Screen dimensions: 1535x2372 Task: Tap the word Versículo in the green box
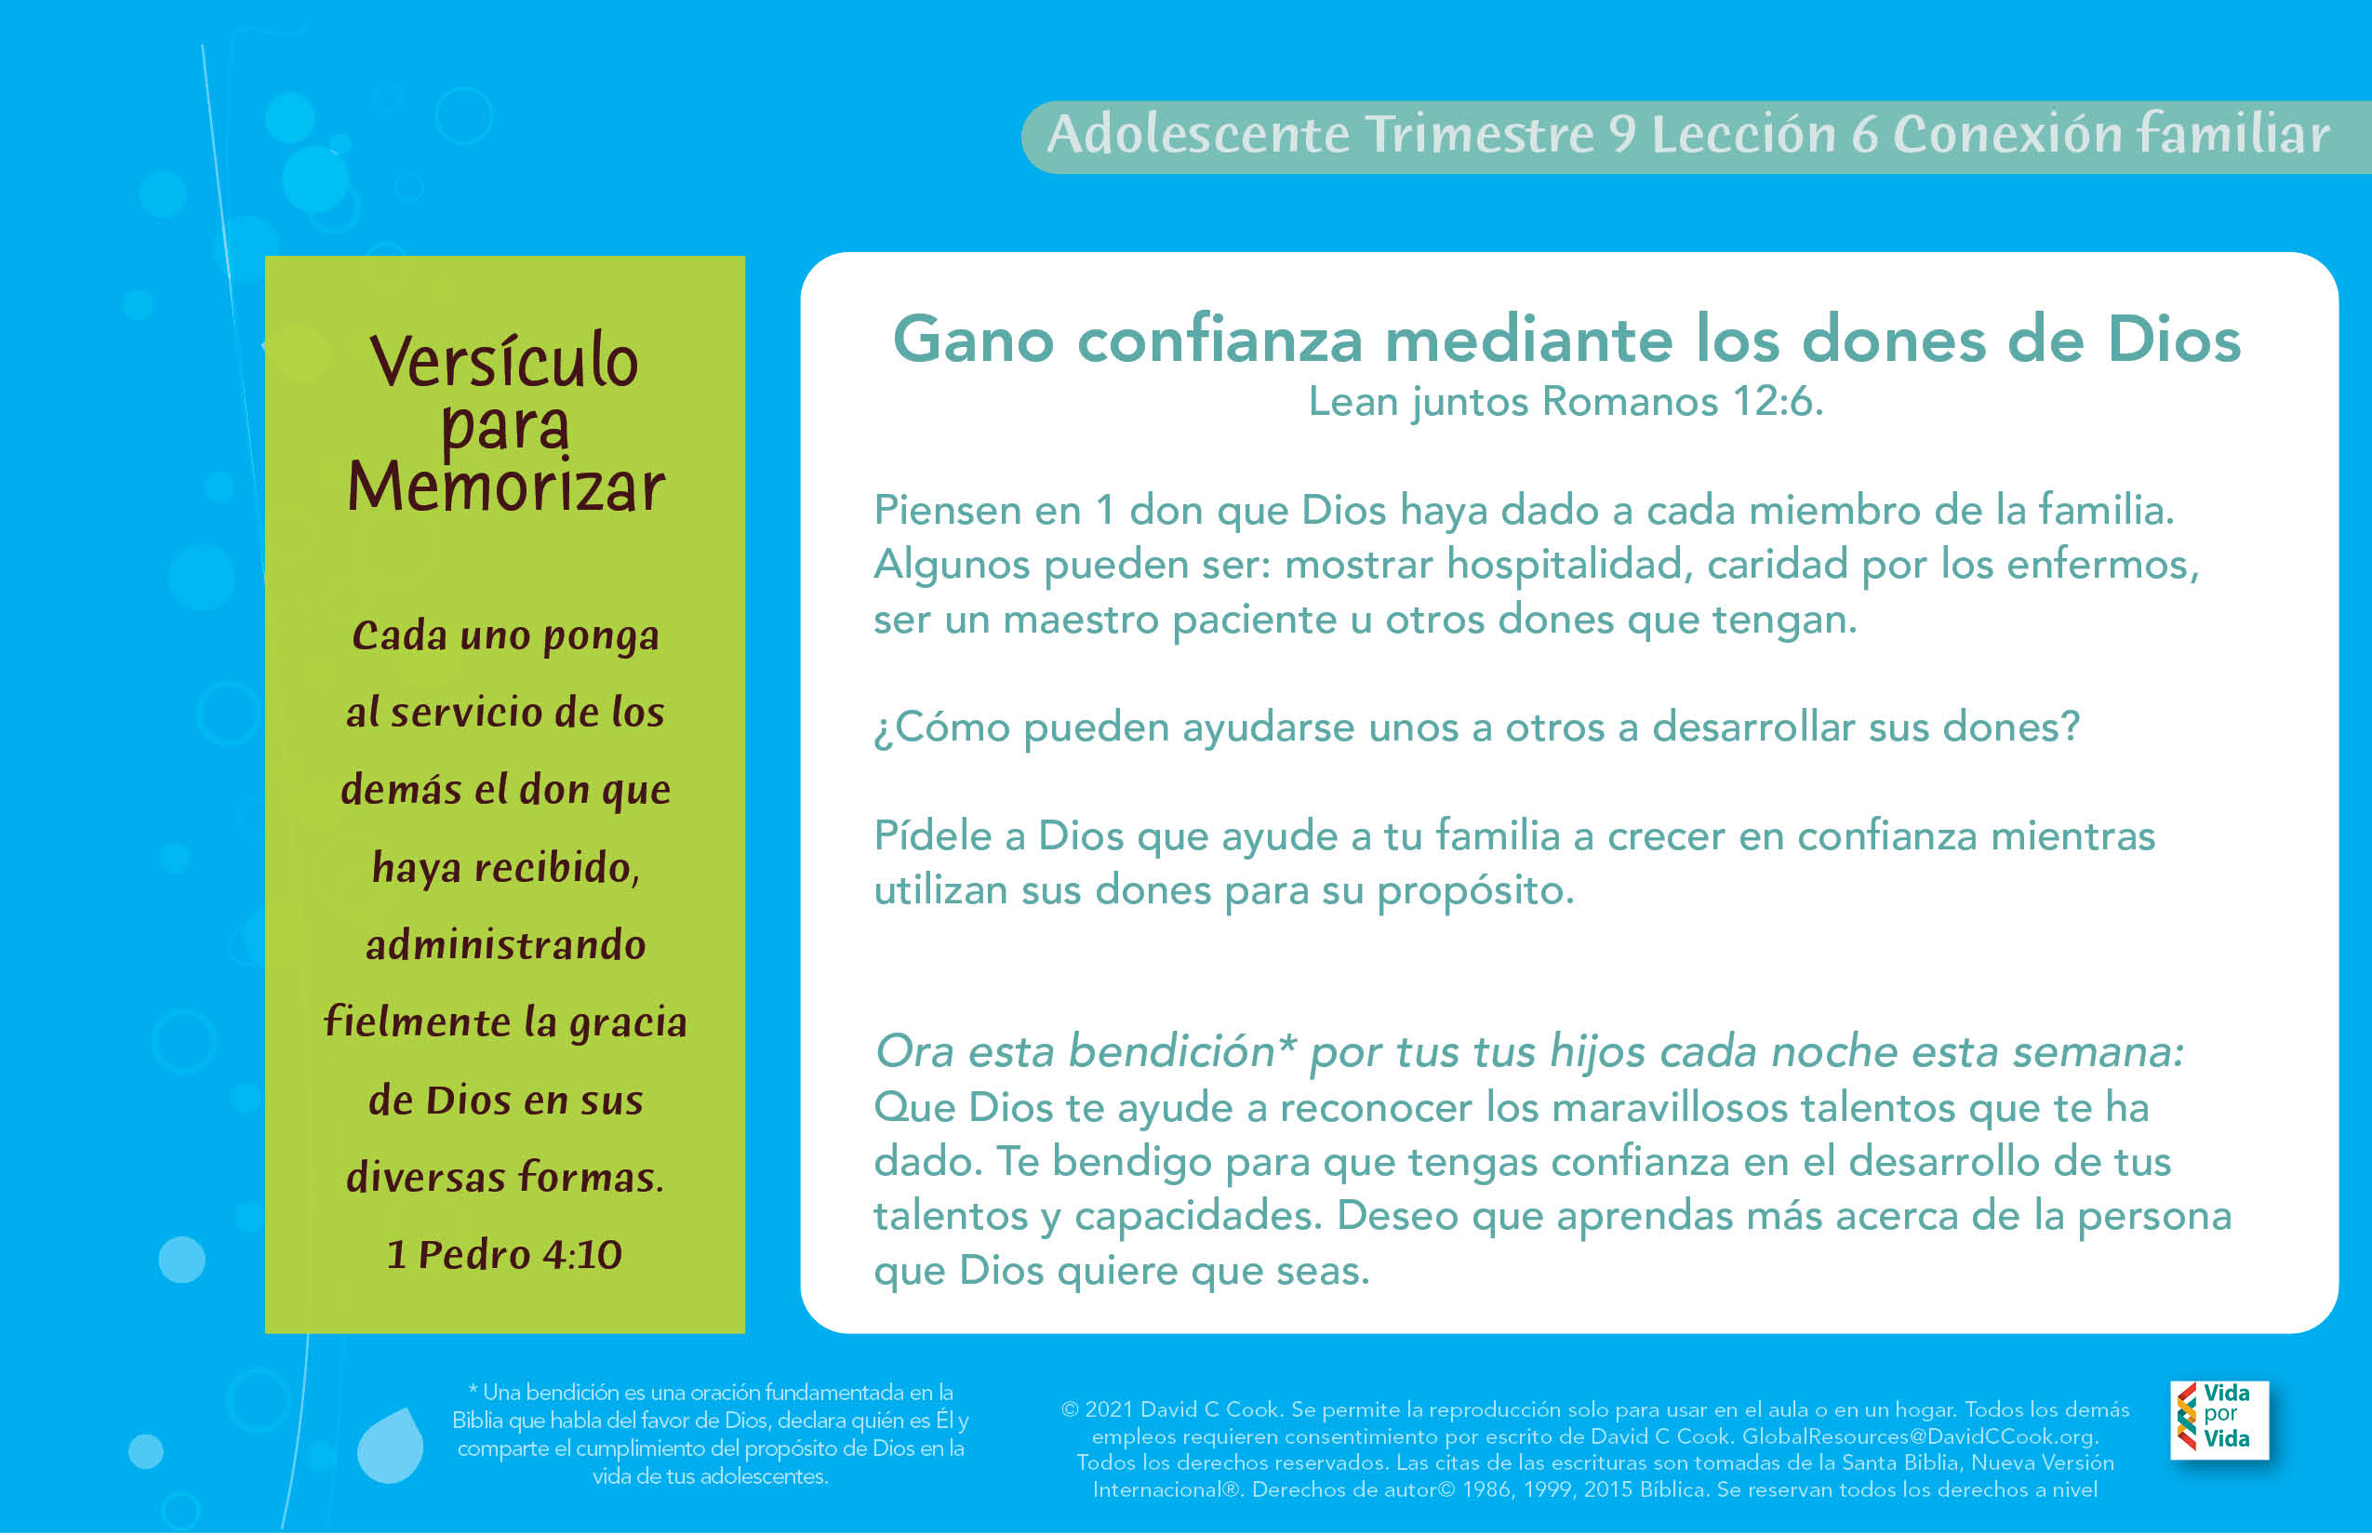tap(503, 361)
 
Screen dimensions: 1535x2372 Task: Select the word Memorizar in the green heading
tap(505, 488)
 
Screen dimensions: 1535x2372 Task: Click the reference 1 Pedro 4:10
tap(504, 1254)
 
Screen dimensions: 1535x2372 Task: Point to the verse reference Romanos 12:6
tap(1682, 402)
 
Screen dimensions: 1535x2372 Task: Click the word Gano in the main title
tap(973, 340)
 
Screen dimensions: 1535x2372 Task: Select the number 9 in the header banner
tap(1621, 135)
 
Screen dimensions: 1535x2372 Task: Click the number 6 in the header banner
tap(1865, 135)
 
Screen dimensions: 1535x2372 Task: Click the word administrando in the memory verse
tap(505, 945)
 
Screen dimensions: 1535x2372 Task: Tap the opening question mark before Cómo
tap(883, 729)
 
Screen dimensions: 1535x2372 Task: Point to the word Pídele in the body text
tap(932, 836)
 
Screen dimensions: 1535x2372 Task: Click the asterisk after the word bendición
tap(1286, 1045)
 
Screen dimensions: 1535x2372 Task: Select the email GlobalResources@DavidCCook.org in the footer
tap(1920, 1436)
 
